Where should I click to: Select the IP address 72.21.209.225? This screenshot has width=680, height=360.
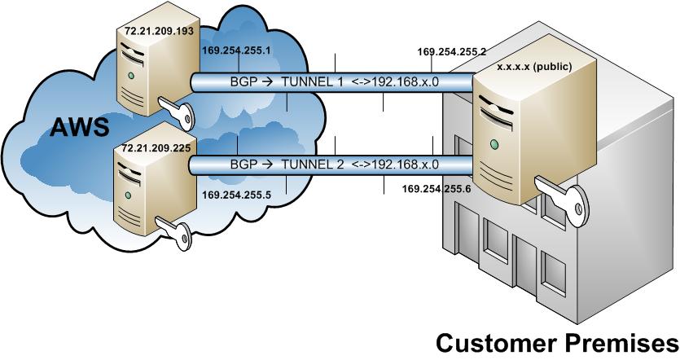156,151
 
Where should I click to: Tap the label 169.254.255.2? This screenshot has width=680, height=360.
451,50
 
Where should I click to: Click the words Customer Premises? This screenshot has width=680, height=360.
556,341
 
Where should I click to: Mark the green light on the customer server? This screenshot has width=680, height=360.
494,145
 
